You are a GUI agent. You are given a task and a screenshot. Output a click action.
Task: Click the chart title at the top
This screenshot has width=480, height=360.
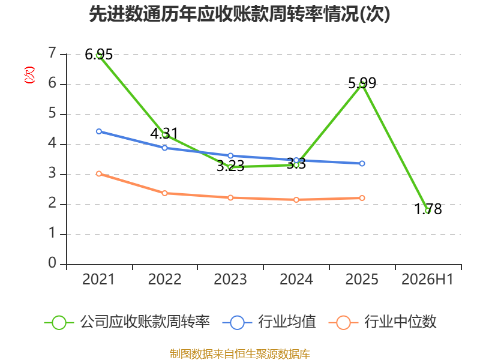point(239,14)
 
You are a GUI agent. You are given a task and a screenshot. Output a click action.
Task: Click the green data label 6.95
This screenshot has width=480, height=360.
point(98,55)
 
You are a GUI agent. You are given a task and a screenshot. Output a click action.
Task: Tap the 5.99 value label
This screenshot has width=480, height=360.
point(362,83)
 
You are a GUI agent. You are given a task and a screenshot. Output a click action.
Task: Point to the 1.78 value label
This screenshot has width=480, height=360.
point(428,209)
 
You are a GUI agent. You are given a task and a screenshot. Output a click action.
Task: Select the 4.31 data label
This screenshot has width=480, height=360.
point(164,133)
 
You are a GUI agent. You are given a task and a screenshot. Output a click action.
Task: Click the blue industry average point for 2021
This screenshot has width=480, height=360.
point(99,131)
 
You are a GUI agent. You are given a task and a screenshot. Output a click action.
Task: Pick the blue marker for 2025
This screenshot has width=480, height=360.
point(362,163)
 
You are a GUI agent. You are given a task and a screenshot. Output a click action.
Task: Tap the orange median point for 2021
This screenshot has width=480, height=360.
point(99,173)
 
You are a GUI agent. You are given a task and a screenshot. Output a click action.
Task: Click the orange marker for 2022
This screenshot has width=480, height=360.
point(164,193)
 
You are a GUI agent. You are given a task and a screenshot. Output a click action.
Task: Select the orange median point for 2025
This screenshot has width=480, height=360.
point(362,198)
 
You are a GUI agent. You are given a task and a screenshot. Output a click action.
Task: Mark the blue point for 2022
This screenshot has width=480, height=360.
point(164,148)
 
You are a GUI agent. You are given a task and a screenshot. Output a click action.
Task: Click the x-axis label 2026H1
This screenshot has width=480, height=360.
point(427,279)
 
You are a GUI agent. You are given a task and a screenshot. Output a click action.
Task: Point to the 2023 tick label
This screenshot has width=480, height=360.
point(230,279)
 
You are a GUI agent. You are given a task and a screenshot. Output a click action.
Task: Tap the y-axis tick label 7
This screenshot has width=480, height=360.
point(52,53)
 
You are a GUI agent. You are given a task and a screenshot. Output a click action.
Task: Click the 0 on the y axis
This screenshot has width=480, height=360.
point(52,263)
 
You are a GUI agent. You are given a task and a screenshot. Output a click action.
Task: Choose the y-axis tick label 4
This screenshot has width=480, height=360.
point(52,143)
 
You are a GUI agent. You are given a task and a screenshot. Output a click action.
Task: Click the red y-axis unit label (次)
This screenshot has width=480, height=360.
point(29,75)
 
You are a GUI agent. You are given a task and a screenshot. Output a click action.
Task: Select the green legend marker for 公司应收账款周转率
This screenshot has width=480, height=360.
point(59,323)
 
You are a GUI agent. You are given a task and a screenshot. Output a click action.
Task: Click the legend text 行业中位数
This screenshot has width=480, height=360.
point(400,322)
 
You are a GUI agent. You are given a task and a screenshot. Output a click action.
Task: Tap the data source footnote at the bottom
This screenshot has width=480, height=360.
point(240,354)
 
